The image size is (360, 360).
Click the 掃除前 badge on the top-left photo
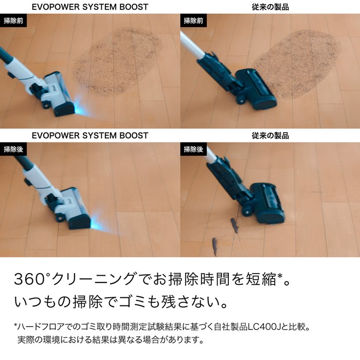(x=13, y=21)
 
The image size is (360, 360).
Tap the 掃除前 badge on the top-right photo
(x=193, y=21)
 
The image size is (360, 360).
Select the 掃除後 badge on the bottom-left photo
(x=13, y=149)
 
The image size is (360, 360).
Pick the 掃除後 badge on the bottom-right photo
(x=193, y=149)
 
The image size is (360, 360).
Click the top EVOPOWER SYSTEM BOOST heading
(x=90, y=7)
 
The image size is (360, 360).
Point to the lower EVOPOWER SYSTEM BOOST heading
(x=90, y=135)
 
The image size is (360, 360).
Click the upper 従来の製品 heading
(x=270, y=7)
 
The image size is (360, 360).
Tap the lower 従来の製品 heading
(x=270, y=135)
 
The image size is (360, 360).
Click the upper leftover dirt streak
(x=235, y=225)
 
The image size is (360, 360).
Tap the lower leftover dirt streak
(x=215, y=246)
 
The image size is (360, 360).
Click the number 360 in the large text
(x=29, y=279)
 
